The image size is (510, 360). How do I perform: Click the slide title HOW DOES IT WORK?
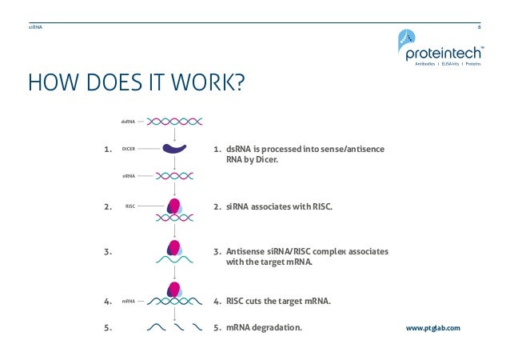click(135, 82)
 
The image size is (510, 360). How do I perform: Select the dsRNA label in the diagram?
click(127, 122)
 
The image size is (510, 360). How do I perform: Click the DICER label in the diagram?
click(128, 149)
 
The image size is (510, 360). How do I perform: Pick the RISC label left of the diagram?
click(129, 206)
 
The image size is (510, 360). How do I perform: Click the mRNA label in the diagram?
click(127, 302)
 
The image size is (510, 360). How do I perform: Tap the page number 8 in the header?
click(479, 26)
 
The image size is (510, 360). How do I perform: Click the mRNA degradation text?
click(264, 327)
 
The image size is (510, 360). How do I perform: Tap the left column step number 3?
click(107, 252)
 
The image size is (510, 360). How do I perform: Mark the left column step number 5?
click(107, 327)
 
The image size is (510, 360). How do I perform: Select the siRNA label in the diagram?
click(128, 174)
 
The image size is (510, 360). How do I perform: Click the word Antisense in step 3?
click(245, 251)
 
